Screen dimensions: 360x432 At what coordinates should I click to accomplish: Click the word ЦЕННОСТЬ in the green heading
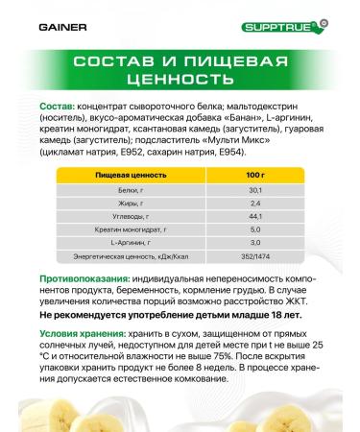(180, 81)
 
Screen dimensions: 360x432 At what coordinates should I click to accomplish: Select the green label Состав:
(58, 106)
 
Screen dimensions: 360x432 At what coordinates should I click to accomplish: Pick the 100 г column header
(254, 177)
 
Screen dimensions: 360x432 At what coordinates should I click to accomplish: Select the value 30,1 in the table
(254, 191)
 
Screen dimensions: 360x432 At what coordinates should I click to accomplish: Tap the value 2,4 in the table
(254, 204)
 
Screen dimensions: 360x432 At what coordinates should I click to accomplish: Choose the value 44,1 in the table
(254, 218)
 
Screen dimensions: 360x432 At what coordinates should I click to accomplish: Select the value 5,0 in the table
(254, 231)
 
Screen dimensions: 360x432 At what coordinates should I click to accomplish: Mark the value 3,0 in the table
(254, 245)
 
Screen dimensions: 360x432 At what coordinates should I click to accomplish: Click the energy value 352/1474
(254, 258)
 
